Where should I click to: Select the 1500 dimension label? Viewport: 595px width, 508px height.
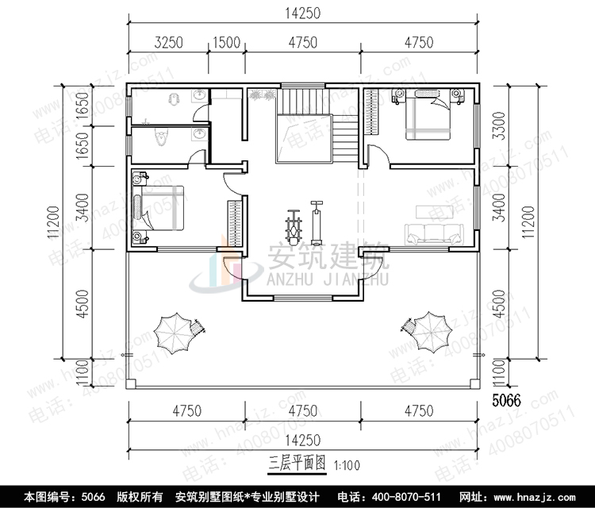[225, 43]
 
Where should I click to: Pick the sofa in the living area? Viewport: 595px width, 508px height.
[433, 233]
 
